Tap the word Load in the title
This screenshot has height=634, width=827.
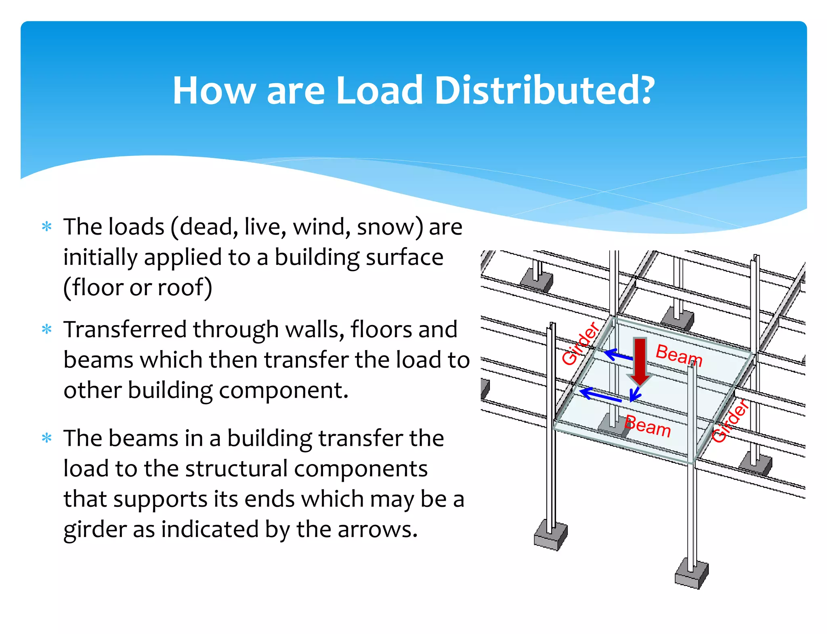point(380,90)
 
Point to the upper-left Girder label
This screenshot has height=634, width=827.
point(580,344)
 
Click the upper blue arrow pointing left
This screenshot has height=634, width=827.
point(618,355)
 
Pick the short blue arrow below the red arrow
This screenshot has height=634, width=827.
point(635,394)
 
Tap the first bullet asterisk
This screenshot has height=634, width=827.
point(47,227)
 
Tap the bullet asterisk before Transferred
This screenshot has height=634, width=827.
point(47,330)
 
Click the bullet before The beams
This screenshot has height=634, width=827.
point(47,438)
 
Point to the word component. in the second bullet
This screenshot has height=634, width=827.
point(278,390)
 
